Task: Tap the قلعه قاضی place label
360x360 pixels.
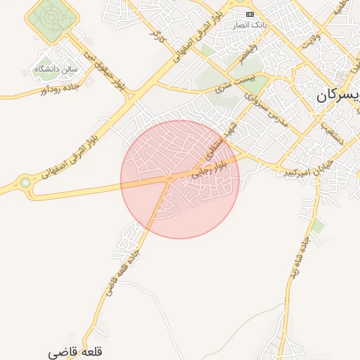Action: (x=77, y=351)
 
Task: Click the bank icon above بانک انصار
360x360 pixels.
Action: (x=250, y=14)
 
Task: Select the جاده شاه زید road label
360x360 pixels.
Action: (x=296, y=262)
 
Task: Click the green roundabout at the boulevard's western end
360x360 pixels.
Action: (x=25, y=183)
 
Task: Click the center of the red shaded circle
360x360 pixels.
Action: (x=180, y=179)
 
